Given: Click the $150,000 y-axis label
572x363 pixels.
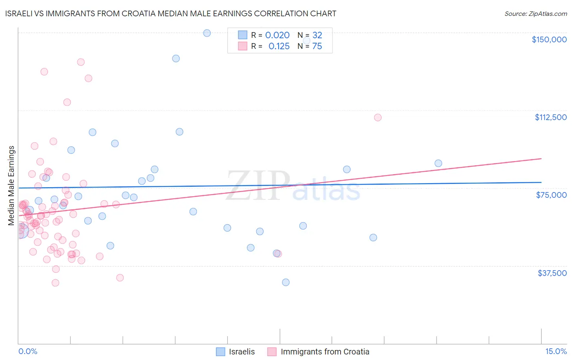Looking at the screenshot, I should coord(549,39).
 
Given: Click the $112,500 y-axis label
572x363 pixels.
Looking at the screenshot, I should coord(550,117).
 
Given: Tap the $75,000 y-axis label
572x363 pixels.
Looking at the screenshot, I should coord(551,195).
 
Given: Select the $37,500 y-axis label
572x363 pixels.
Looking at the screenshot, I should coord(552,273).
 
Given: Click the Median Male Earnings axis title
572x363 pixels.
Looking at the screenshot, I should coord(11,186).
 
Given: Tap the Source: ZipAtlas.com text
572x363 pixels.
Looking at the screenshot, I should coord(535,14).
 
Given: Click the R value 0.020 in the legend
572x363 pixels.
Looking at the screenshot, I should coord(277,35).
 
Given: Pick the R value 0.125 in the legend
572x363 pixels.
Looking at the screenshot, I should coord(279,46).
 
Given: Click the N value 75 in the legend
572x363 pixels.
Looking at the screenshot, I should coord(317,46).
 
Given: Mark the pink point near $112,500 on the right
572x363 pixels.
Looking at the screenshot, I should coord(378,118).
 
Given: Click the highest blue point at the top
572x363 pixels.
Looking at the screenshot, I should coord(207,33).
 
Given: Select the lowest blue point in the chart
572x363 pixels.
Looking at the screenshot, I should coord(286,282).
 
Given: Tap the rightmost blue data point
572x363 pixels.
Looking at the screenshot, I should coord(438,163).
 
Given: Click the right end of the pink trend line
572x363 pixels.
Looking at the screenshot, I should coord(541,158).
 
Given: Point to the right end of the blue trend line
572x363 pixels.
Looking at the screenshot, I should coord(541,182).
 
